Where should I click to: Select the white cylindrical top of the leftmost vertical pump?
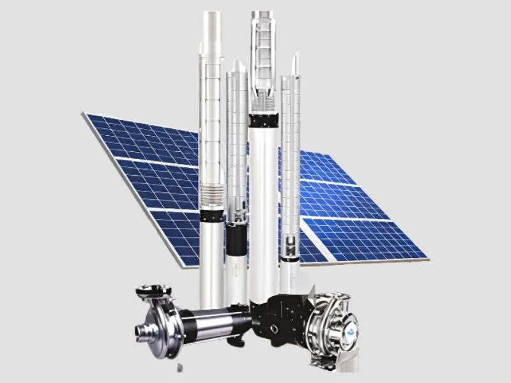211,32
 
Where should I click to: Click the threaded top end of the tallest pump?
263,17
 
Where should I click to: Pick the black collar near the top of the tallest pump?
263,118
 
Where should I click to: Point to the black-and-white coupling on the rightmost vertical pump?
291,246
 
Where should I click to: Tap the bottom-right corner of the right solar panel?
426,259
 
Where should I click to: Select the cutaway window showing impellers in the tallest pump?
263,64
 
